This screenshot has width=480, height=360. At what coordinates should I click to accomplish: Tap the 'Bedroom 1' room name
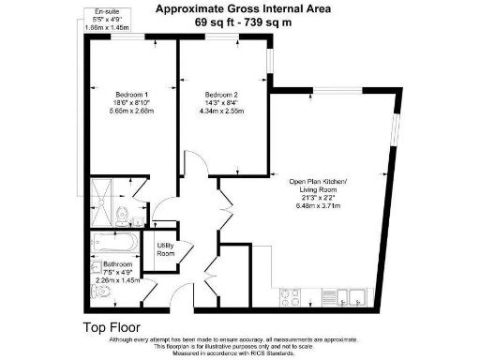[132, 95]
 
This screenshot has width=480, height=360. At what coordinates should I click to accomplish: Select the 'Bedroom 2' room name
[222, 95]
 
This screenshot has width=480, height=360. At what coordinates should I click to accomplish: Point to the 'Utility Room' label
[166, 249]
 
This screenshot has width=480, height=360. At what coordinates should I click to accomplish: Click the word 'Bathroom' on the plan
[117, 265]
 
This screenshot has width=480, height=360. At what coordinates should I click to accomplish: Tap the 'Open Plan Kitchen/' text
[317, 183]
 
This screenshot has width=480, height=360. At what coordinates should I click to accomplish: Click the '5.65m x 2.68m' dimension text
[132, 112]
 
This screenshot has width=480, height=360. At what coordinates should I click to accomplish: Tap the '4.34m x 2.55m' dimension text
[222, 112]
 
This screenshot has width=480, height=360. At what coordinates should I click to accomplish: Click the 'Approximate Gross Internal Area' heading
[242, 9]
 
